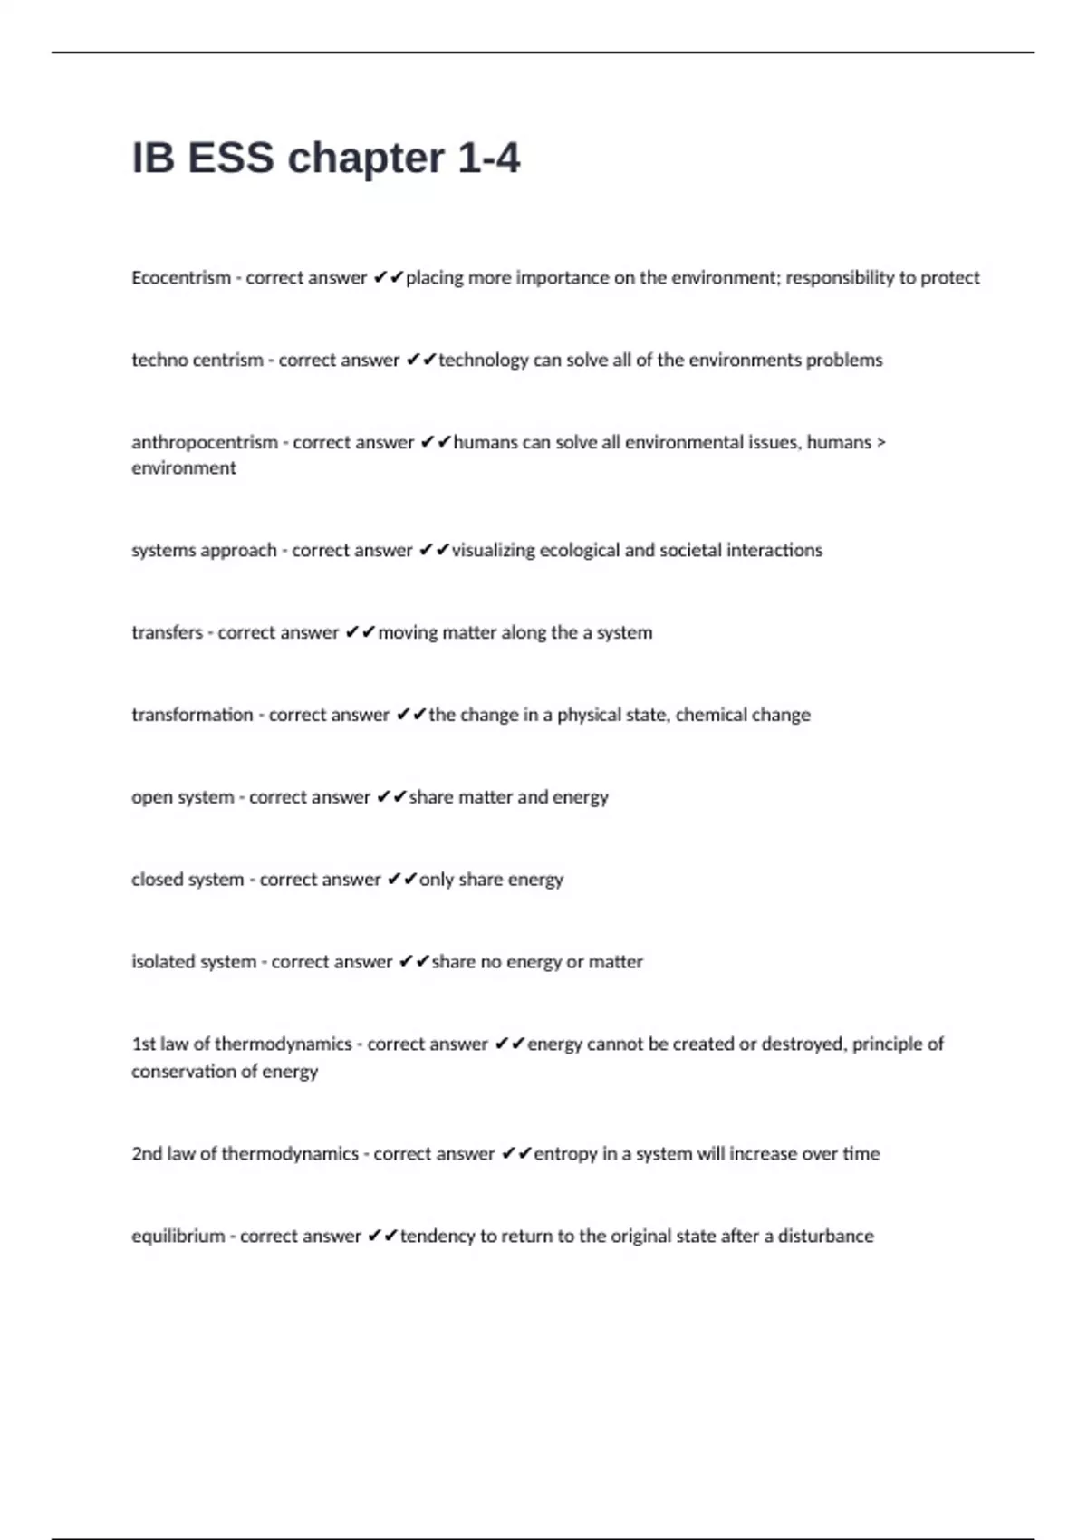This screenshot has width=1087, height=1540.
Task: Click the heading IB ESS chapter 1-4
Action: [326, 159]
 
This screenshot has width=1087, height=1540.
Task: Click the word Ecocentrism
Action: [181, 278]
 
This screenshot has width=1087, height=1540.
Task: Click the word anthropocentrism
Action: [205, 443]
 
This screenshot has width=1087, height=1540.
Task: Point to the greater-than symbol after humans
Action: [881, 443]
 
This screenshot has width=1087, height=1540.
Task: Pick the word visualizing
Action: [494, 551]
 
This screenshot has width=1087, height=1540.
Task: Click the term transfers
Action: [167, 633]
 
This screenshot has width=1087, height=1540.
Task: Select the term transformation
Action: [192, 716]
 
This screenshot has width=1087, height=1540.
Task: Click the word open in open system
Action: [150, 798]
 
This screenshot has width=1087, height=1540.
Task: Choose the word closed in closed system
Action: [156, 880]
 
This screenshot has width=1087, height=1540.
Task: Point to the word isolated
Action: [163, 962]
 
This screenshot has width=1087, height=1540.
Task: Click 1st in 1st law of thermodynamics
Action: [143, 1044]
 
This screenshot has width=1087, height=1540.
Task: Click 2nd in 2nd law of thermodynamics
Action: [147, 1154]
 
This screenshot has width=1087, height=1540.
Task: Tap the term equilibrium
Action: [178, 1237]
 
